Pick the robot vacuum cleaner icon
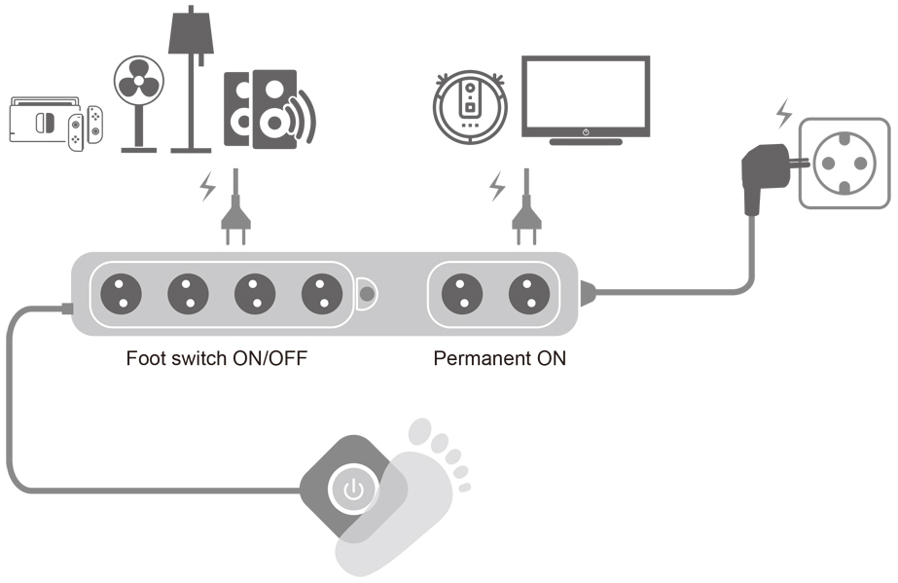(x=470, y=102)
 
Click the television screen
(x=586, y=94)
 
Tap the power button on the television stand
(x=586, y=131)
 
